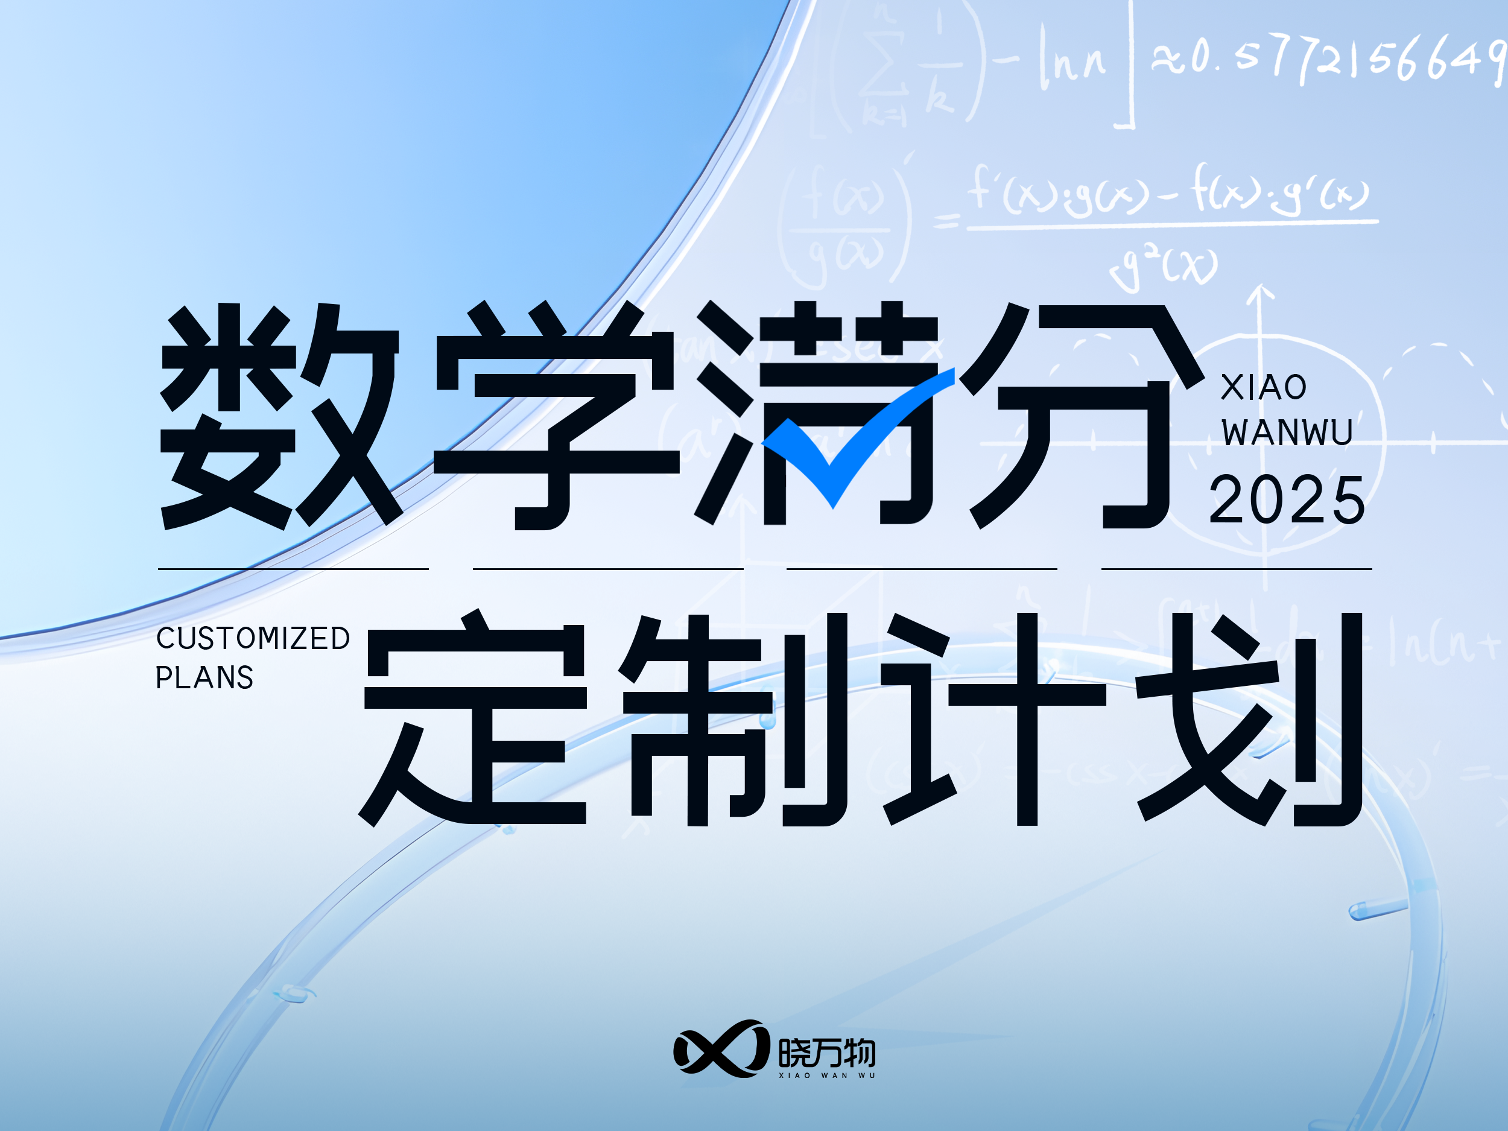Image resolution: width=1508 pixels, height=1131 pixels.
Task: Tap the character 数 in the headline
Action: click(279, 416)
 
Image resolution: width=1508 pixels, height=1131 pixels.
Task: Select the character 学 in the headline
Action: click(556, 416)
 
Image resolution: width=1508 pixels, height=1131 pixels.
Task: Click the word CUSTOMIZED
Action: click(253, 639)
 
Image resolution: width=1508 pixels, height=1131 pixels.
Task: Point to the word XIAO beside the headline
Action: click(1263, 388)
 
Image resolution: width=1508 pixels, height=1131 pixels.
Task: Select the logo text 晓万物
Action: click(827, 1053)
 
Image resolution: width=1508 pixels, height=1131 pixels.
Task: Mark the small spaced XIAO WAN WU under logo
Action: click(827, 1076)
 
